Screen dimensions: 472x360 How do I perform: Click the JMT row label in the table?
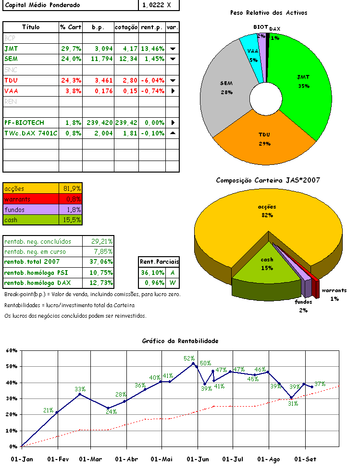pos(11,49)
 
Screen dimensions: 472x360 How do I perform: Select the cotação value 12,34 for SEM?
pos(126,59)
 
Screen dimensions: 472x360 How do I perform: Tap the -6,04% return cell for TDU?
pos(152,80)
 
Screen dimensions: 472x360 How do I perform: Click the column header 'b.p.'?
pos(99,27)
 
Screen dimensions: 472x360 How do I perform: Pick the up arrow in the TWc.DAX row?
pos(173,133)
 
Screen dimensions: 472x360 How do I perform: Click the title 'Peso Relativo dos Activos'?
pos(269,13)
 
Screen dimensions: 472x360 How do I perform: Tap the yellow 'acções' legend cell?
pos(31,188)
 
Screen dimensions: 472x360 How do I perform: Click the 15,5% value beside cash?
pos(72,220)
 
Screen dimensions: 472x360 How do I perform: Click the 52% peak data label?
pos(189,358)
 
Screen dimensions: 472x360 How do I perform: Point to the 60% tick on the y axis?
pos(12,350)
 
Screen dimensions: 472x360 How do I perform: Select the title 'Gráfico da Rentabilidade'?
pos(180,341)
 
